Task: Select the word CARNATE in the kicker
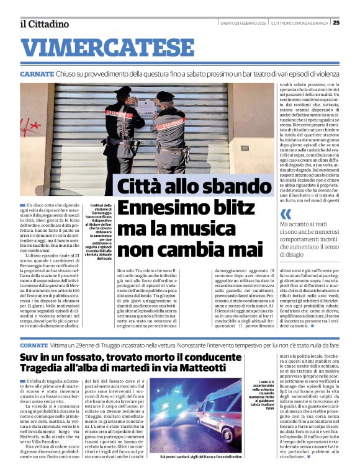(x=37, y=74)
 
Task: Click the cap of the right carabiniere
(x=164, y=96)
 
